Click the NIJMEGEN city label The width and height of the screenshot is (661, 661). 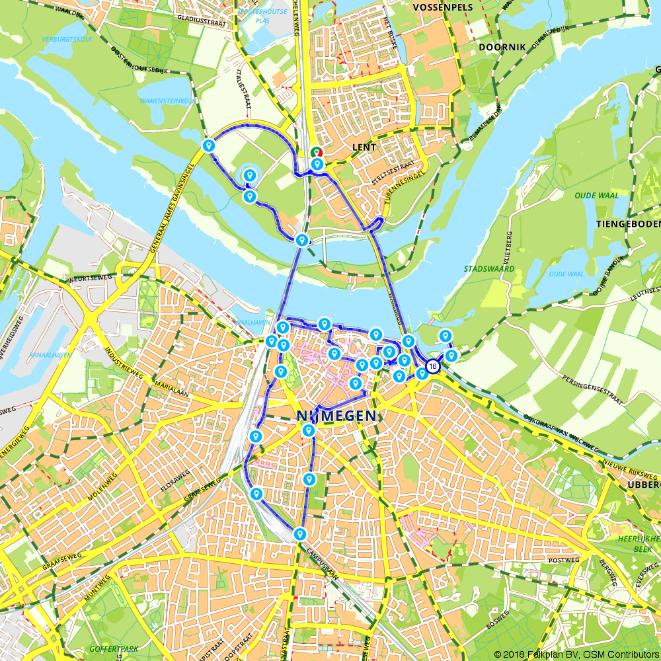click(x=337, y=416)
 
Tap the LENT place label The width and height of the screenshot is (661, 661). click(x=364, y=147)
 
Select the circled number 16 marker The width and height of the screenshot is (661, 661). click(x=432, y=366)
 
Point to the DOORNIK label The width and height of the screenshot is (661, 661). click(x=502, y=48)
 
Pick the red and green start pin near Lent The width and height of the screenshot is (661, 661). click(x=317, y=152)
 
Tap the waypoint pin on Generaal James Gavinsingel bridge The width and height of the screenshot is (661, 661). click(x=209, y=145)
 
